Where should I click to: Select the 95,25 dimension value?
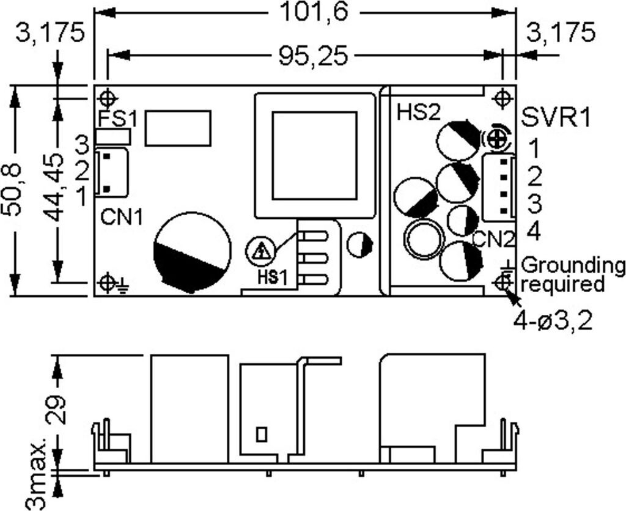313,56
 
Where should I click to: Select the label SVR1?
556,117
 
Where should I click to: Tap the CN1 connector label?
120,217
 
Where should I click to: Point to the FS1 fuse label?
117,118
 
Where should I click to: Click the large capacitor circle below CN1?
193,251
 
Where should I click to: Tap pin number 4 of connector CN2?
533,232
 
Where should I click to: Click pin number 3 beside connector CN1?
82,145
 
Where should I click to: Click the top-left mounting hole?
108,98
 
